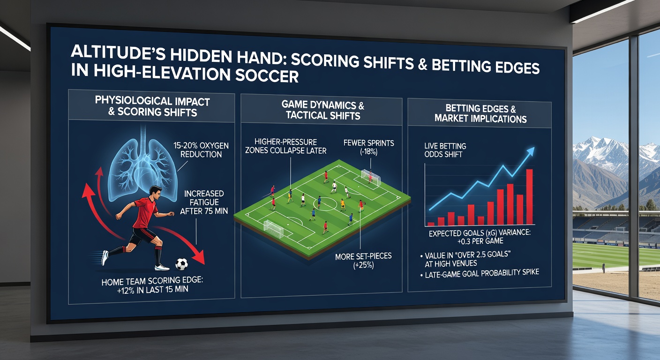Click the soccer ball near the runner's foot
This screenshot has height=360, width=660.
click(x=181, y=264)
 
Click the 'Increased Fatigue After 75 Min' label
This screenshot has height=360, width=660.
click(x=204, y=202)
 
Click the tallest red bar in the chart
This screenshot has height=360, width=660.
click(x=530, y=196)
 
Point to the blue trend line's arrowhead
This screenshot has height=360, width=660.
click(x=531, y=150)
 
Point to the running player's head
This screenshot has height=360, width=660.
click(x=156, y=192)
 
